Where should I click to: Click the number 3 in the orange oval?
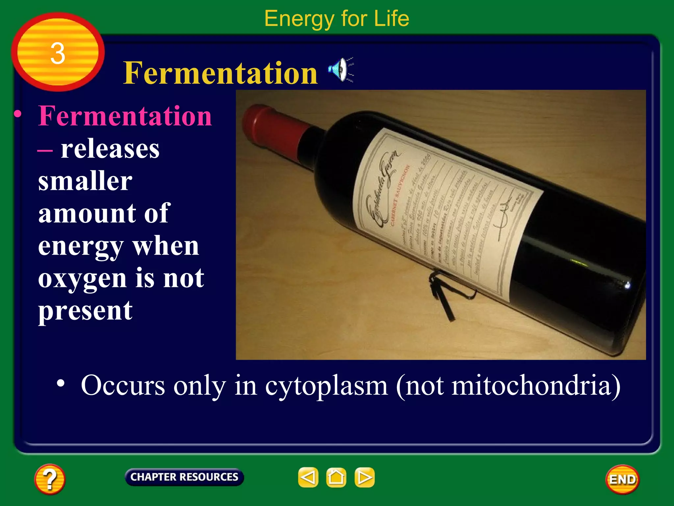[58, 53]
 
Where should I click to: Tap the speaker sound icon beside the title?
[341, 69]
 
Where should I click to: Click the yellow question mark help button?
[50, 479]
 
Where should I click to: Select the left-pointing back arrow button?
[308, 477]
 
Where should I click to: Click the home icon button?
[336, 477]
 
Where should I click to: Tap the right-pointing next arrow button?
[364, 477]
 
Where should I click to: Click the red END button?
[622, 479]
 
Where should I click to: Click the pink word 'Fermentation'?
[125, 116]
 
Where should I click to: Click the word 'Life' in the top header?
[391, 18]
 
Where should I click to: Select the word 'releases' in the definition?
[110, 149]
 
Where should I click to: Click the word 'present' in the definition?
[85, 311]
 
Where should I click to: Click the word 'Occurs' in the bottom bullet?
[123, 385]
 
